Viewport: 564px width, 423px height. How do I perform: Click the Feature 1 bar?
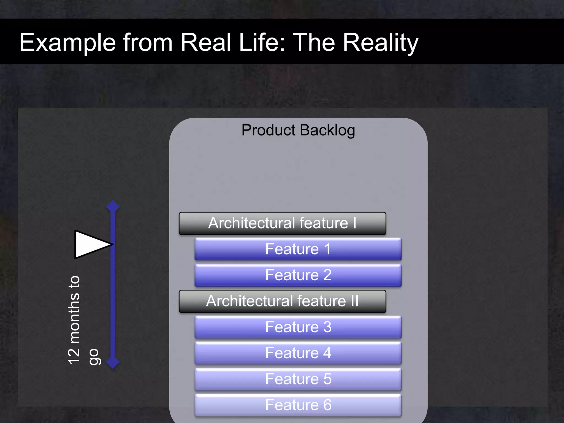coord(298,249)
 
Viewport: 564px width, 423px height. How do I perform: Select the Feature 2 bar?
coord(298,275)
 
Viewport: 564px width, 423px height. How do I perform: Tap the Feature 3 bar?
coord(298,327)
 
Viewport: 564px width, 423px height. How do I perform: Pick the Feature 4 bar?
coord(298,353)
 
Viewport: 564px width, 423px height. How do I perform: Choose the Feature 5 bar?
coord(298,379)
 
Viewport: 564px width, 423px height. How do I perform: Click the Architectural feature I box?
coord(282,223)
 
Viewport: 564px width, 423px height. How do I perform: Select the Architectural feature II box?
coord(282,301)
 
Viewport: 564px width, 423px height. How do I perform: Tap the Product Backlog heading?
coord(298,130)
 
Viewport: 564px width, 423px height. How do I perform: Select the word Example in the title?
coord(67,43)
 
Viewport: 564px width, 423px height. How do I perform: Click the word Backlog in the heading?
coord(327,131)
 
